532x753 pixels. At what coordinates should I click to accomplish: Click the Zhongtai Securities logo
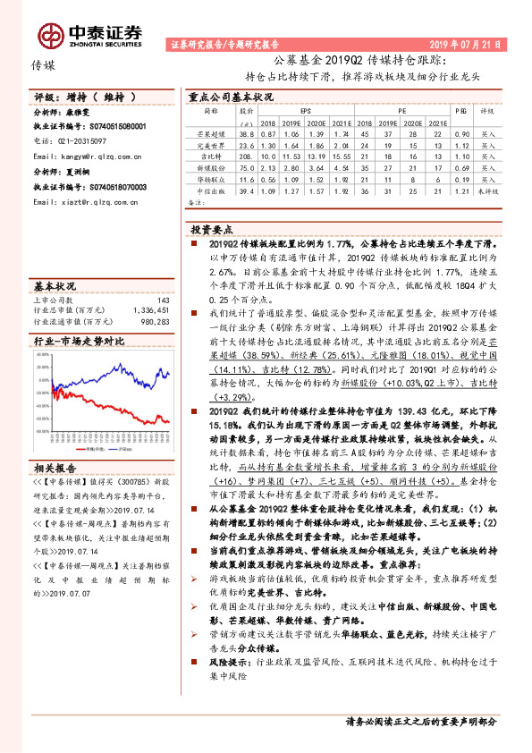[89, 34]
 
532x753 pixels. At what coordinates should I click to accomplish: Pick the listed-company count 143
[163, 300]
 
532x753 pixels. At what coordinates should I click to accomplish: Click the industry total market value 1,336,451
[151, 310]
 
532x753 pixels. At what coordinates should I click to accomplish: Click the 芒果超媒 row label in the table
[210, 131]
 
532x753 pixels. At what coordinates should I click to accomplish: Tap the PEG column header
[461, 112]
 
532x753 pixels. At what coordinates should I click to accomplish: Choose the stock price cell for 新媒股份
[247, 166]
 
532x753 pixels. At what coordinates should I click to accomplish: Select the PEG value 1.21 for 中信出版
[461, 190]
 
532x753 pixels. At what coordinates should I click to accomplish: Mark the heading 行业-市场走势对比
[79, 341]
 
